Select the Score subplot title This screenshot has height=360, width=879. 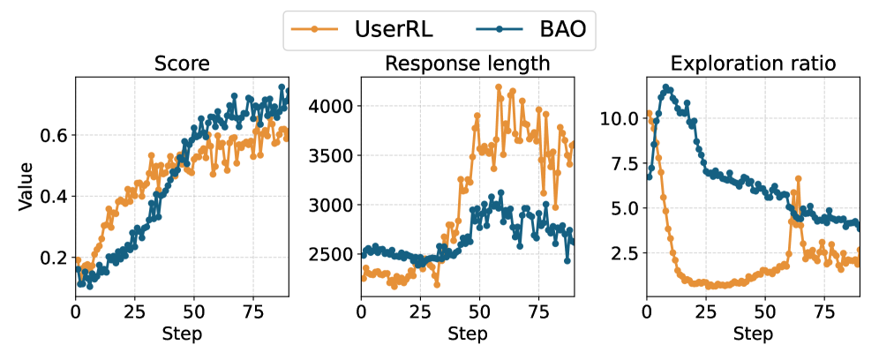point(182,64)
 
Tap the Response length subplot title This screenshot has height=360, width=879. point(467,64)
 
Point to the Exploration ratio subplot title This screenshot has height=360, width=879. point(753,64)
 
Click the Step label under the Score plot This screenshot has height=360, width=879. point(182,334)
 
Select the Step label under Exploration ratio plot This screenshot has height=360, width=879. point(753,334)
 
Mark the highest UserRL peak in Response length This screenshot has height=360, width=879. point(499,87)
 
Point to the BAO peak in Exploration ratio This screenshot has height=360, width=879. point(667,87)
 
